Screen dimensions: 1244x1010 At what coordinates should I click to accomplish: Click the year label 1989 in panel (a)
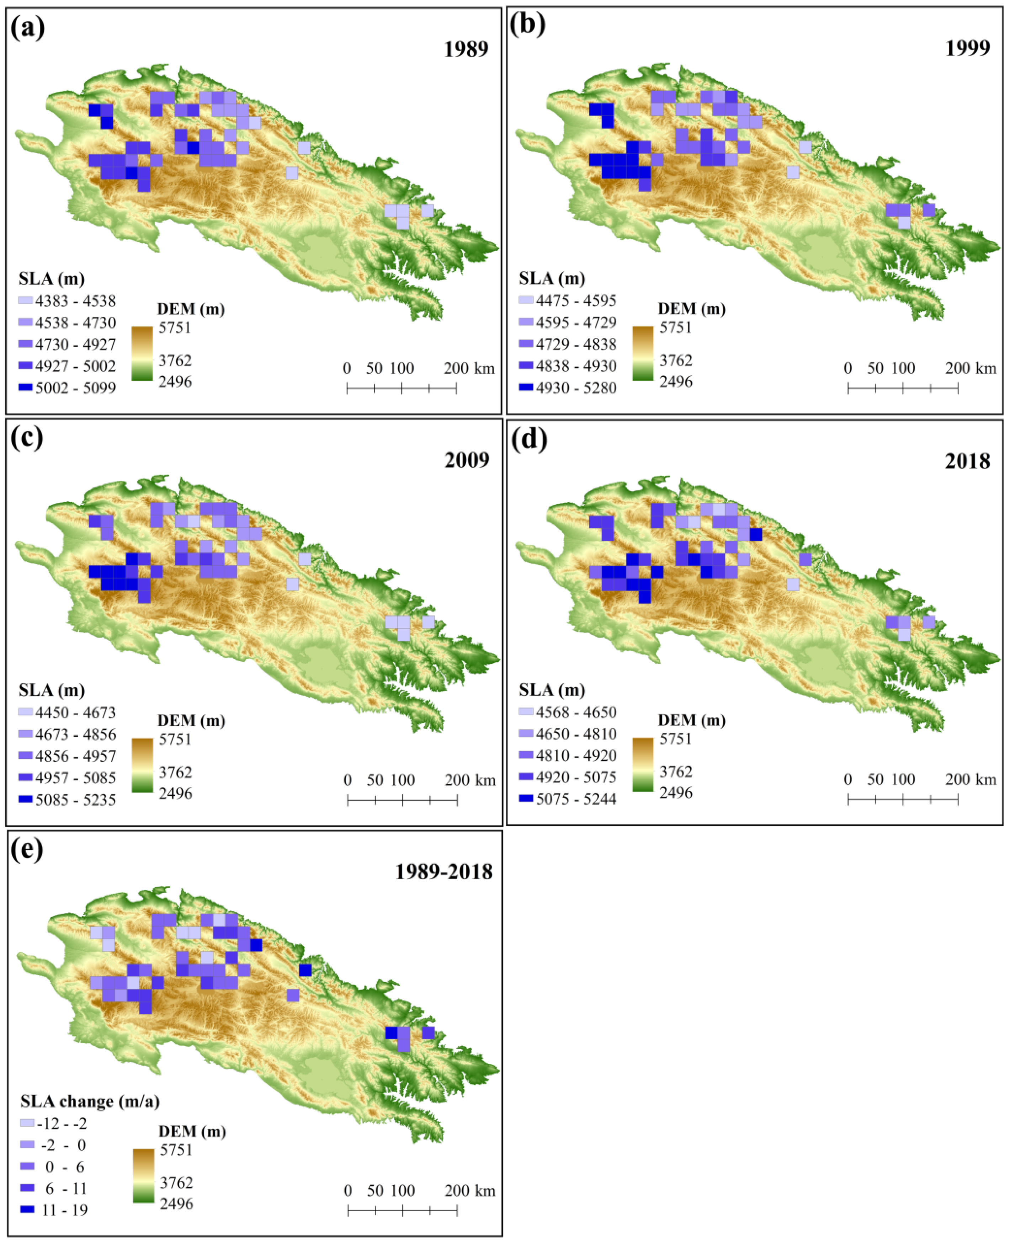(466, 49)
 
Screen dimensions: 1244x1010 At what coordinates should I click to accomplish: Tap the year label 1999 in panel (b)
(967, 48)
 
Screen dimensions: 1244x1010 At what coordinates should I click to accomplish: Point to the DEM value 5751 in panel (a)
(175, 327)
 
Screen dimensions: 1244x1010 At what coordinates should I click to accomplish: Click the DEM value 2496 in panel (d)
(675, 792)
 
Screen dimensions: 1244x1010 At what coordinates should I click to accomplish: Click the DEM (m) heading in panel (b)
(691, 309)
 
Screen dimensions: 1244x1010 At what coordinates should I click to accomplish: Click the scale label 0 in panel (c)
(347, 780)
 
